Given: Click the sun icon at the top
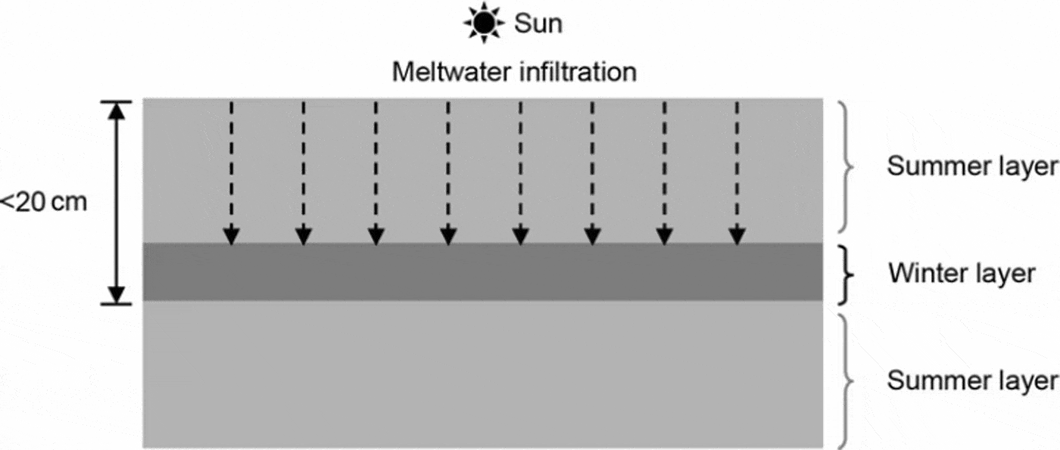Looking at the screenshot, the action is coord(484,23).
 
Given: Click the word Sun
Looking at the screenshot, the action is coord(538,23).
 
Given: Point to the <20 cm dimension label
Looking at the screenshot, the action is coord(44,203).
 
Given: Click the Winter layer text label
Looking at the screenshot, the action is coord(962,272).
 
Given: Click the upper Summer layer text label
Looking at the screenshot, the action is coord(972,166).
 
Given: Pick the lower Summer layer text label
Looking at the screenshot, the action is coord(972,380).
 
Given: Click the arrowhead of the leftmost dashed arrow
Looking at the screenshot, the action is coord(232,236).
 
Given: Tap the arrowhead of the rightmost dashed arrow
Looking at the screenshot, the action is coord(736,236).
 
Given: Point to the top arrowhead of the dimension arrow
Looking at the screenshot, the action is coord(116,110).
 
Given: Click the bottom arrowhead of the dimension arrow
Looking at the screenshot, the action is coord(116,294).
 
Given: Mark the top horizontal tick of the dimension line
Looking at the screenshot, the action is coord(116,101).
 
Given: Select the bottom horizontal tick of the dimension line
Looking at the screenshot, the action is coord(116,304).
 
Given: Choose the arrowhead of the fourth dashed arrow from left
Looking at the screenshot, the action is coord(448,236).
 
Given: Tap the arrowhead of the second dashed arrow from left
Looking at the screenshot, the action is coord(304,236).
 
